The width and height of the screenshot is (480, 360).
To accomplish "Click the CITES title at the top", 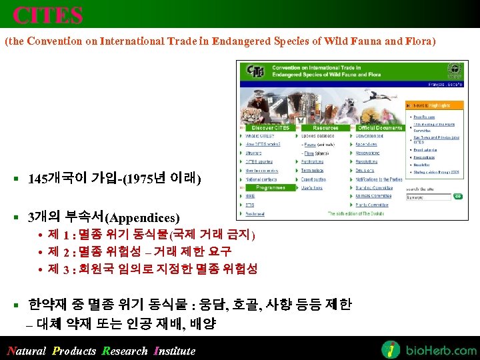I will click(x=48, y=15).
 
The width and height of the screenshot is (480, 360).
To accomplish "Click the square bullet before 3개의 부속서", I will click(x=15, y=217).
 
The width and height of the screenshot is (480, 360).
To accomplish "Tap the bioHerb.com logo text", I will click(x=440, y=349).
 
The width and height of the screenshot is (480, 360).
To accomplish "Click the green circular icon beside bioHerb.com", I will click(x=391, y=349).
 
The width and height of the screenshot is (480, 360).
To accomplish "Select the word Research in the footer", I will click(x=125, y=351).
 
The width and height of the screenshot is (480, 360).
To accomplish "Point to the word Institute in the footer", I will click(x=175, y=351).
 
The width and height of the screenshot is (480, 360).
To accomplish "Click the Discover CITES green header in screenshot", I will click(x=267, y=127).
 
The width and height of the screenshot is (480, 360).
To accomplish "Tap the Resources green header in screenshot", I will click(x=325, y=127).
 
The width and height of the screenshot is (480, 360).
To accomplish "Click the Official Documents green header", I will click(x=379, y=127).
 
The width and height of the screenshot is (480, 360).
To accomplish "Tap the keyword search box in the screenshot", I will click(x=427, y=197).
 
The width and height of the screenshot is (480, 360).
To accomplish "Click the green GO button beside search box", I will click(x=457, y=197).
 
